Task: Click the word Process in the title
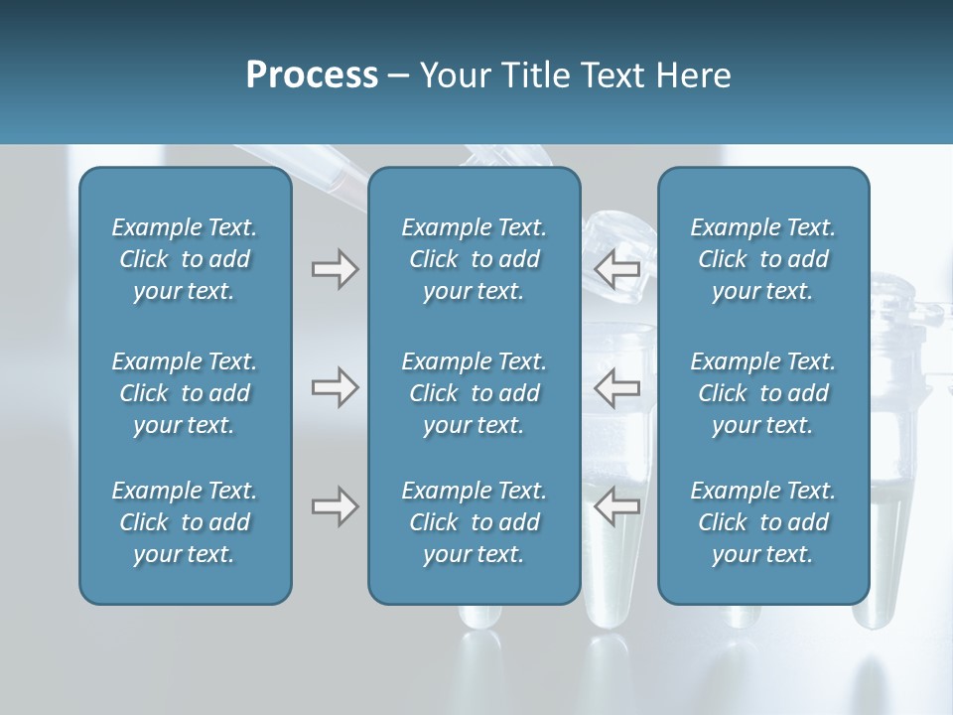tap(312, 75)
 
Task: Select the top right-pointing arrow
tap(336, 269)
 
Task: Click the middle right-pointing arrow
tap(336, 387)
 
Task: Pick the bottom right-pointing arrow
tap(336, 506)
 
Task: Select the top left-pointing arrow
tap(616, 267)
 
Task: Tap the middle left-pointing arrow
tap(616, 387)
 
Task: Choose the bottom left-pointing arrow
tap(616, 506)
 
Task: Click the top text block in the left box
tap(185, 259)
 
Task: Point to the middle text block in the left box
tap(185, 393)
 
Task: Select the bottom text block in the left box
tap(185, 522)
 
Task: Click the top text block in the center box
tap(474, 259)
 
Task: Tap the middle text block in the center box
tap(474, 393)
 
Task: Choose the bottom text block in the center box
tap(474, 522)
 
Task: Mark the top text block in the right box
tap(762, 259)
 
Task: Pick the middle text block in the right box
tap(762, 393)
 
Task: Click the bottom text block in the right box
tap(762, 522)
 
